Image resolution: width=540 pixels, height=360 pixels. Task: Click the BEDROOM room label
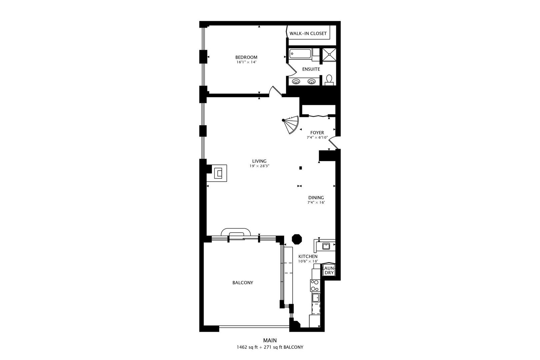[x=246, y=57]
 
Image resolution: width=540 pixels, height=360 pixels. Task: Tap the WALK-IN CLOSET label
[x=308, y=34]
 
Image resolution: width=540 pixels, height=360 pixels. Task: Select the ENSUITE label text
[x=311, y=69]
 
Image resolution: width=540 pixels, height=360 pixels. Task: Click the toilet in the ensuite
[x=329, y=80]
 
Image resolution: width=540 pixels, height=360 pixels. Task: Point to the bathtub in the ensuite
[x=300, y=54]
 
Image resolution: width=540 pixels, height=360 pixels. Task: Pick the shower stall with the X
[x=329, y=55]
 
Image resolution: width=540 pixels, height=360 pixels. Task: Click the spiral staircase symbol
[x=291, y=124]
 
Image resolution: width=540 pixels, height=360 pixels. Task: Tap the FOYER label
[x=317, y=133]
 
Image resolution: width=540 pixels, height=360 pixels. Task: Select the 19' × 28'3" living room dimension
[x=259, y=166]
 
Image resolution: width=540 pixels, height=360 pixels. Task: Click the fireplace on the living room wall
[x=217, y=173]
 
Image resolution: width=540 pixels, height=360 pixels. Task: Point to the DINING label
[x=316, y=198]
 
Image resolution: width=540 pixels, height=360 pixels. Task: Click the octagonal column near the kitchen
[x=297, y=239]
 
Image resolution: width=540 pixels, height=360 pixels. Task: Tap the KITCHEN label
[x=308, y=257]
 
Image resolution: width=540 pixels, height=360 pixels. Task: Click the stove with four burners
[x=315, y=285]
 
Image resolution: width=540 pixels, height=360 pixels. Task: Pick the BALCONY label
[x=243, y=283]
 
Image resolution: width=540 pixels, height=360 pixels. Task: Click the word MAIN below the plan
[x=270, y=340]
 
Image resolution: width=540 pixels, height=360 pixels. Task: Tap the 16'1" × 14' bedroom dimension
[x=246, y=62]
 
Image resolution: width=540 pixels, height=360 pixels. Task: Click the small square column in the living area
[x=300, y=168]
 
